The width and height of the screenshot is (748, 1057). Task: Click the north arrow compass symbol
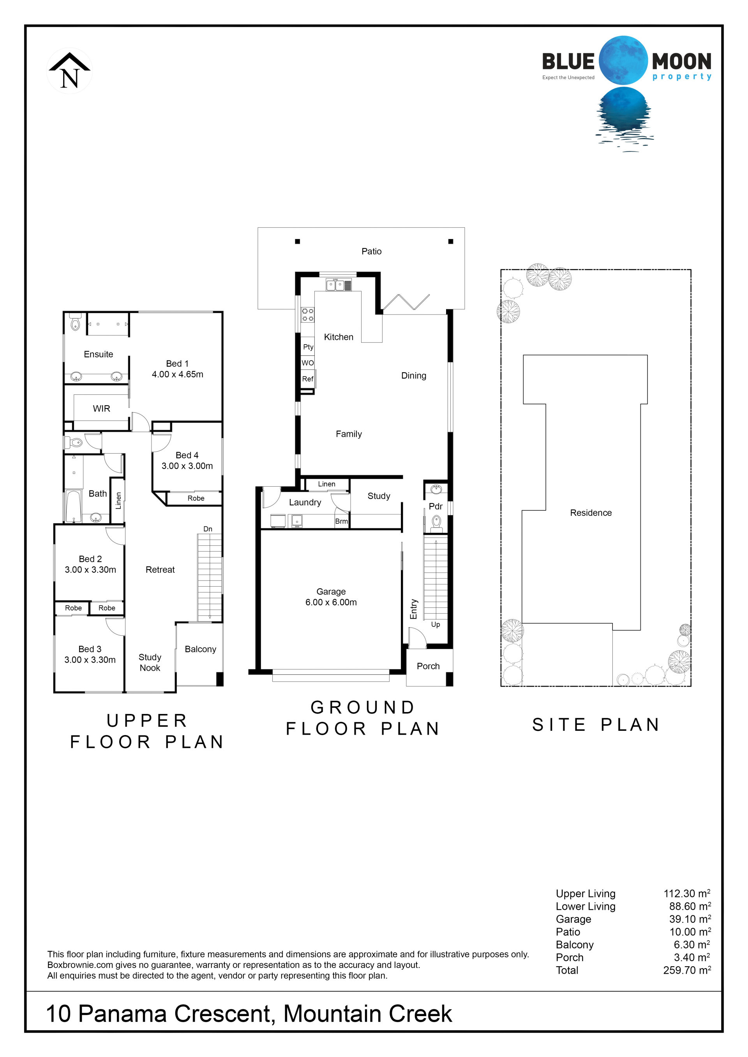pos(70,71)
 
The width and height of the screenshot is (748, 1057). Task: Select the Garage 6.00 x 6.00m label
pos(331,597)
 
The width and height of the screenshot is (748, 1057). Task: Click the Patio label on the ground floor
pos(371,251)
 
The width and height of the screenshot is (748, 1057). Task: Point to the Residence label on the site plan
pos(591,513)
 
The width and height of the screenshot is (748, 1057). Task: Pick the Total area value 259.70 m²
pos(687,970)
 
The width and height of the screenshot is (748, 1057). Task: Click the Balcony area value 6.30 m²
pos(692,944)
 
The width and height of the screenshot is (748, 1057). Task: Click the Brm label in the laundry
pos(341,521)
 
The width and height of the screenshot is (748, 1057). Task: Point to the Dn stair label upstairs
pos(208,529)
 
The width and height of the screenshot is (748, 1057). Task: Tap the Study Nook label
pos(150,663)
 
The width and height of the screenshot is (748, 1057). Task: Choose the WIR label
pos(101,408)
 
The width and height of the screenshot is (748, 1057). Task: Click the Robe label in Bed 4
pos(196,498)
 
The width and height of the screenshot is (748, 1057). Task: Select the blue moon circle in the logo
pos(623,60)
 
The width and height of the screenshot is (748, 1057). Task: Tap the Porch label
pos(428,666)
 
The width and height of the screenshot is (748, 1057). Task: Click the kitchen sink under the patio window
pos(335,285)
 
